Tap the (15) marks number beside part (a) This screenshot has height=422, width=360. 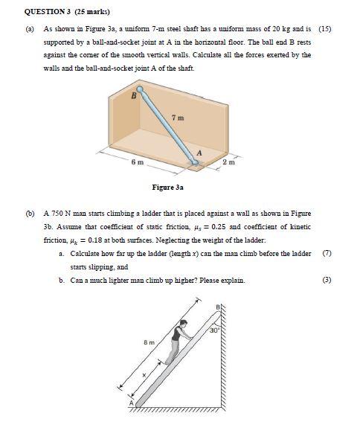point(324,29)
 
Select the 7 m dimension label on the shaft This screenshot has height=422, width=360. point(179,118)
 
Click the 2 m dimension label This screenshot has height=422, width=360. point(228,162)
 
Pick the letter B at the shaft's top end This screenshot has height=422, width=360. point(134,95)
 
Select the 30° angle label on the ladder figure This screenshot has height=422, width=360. point(213,330)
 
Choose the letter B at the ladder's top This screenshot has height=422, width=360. point(219,308)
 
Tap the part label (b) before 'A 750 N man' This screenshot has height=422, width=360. point(31,213)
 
